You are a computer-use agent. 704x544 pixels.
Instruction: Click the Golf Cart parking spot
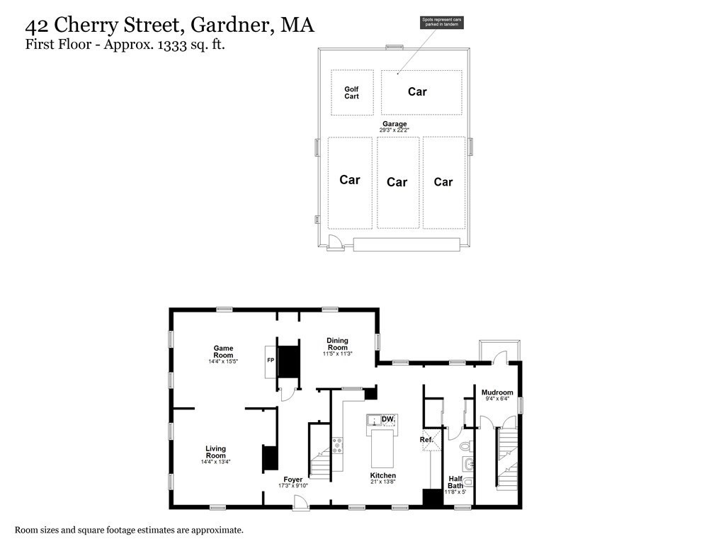(x=352, y=93)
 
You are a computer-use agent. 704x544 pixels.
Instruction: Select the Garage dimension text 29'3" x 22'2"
(x=394, y=130)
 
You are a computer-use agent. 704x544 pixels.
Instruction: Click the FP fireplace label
(x=270, y=361)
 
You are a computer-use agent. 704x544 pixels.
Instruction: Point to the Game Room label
(x=223, y=351)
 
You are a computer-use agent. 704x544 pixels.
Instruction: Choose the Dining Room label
(x=337, y=344)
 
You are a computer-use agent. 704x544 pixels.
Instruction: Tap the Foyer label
(x=293, y=480)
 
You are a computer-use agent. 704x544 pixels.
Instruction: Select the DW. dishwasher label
(x=387, y=419)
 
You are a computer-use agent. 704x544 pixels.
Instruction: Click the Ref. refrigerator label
(x=426, y=440)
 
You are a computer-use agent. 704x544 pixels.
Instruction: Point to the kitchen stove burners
(x=338, y=446)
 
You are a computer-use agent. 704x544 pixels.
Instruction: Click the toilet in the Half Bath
(x=465, y=446)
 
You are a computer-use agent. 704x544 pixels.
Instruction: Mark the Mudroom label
(x=497, y=392)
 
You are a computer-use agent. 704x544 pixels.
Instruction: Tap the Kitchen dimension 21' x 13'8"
(x=383, y=482)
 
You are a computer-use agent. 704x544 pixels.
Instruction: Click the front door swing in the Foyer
(x=301, y=502)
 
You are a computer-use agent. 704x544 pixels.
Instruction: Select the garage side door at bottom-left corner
(x=334, y=244)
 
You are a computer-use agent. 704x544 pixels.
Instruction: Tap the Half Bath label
(x=455, y=482)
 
